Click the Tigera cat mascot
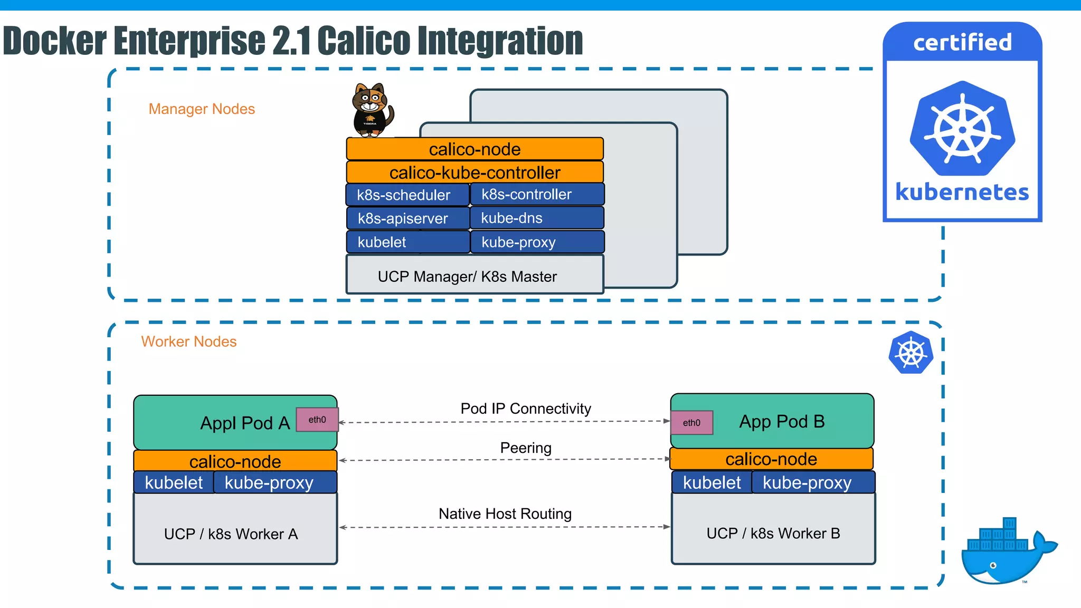[372, 110]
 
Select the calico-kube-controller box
[475, 173]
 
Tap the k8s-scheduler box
[407, 195]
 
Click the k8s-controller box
[536, 194]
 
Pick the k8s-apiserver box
[407, 218]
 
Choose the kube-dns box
[536, 218]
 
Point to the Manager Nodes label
[202, 109]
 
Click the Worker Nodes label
[189, 341]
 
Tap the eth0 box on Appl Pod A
[317, 420]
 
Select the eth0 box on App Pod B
[691, 423]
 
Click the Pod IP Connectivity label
[526, 408]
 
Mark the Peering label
[526, 448]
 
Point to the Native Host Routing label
[505, 514]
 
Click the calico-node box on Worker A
[235, 461]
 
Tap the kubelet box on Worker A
[174, 482]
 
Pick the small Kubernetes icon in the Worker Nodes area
[911, 353]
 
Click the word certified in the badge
[962, 42]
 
